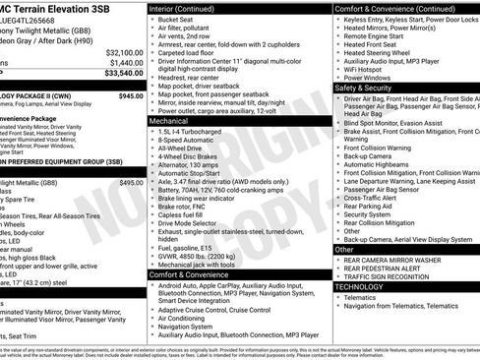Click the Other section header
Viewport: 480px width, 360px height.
(344, 249)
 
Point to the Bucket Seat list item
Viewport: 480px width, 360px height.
(175, 20)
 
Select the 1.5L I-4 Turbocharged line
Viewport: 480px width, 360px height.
(196, 132)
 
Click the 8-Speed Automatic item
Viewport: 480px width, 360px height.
(187, 141)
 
